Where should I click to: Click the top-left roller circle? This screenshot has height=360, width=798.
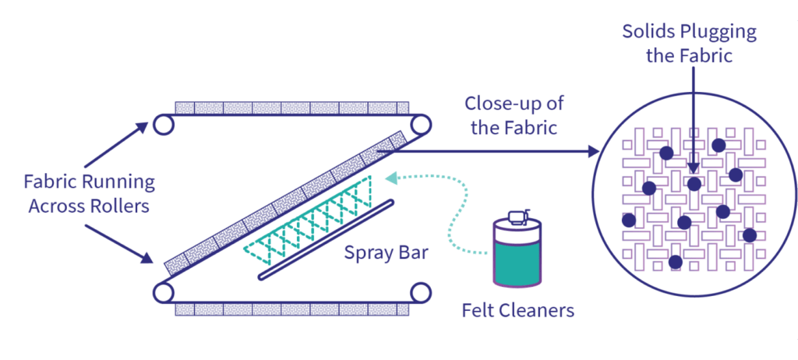coord(163,124)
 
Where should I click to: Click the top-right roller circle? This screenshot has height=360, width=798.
coord(421,124)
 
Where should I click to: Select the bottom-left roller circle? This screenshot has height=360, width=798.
coord(163,292)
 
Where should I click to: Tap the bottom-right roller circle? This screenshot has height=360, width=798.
coord(421,292)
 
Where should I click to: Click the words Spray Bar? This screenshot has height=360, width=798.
coord(386,254)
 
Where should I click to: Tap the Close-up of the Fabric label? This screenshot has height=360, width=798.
coord(514,115)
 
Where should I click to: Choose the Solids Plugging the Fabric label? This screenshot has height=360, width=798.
coord(689,44)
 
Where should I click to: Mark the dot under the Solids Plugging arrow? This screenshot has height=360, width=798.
coord(694,184)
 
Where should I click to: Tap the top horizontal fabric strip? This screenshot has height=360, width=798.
coord(291,108)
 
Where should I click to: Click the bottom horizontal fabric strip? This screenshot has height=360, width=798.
coord(291,309)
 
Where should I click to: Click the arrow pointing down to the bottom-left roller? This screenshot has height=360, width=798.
coord(117,243)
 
